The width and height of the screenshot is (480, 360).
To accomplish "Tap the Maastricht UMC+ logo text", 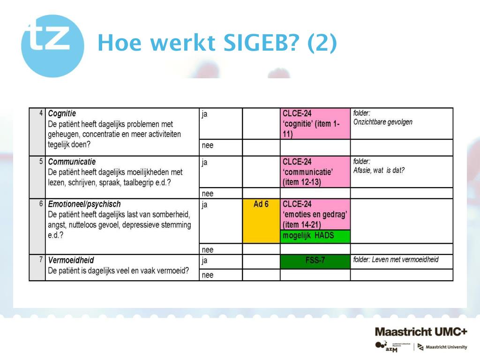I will click(x=420, y=331).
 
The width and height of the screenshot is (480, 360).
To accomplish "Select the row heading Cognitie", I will click(x=62, y=113).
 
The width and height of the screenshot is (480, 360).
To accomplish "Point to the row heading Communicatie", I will click(x=72, y=162).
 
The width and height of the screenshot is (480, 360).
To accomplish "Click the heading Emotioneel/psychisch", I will click(x=84, y=204).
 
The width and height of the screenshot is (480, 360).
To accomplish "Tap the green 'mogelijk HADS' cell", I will click(x=315, y=236).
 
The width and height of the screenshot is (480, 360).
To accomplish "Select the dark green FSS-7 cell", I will click(x=315, y=261).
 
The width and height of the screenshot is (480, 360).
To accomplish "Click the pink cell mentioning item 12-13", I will click(x=315, y=172).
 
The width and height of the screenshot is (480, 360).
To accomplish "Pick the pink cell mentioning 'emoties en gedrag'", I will click(x=315, y=214).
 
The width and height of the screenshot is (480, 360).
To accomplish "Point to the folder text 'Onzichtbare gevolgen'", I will click(x=382, y=122).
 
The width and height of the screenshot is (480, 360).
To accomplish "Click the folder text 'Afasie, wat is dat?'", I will click(x=379, y=170).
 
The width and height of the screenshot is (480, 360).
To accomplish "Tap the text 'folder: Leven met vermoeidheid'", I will click(x=396, y=260).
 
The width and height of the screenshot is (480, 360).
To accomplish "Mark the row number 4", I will click(x=42, y=113).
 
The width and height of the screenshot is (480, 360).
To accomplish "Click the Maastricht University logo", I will click(x=442, y=347).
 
